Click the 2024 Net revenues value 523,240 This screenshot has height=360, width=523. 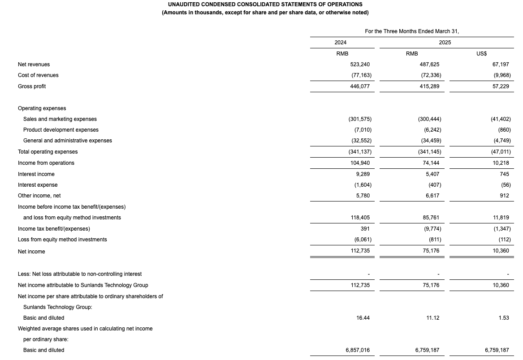[360, 64]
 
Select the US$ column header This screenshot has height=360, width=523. [481, 54]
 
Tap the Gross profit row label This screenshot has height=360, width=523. [32, 86]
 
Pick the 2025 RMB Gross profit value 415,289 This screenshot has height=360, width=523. [429, 86]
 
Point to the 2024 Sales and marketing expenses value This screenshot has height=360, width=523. [360, 119]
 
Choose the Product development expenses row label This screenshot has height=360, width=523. [61, 130]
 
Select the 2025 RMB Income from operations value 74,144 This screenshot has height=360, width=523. [431, 163]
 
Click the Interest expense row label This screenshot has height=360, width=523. [38, 185]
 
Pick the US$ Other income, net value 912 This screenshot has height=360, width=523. [504, 196]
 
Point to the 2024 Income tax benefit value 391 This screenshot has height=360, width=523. [365, 229]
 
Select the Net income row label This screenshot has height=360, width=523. [31, 252]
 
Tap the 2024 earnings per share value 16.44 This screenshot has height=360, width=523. [363, 318]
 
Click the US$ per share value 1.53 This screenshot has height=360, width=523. [503, 318]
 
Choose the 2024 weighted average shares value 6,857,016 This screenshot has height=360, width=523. [358, 350]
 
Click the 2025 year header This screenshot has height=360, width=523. [445, 43]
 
